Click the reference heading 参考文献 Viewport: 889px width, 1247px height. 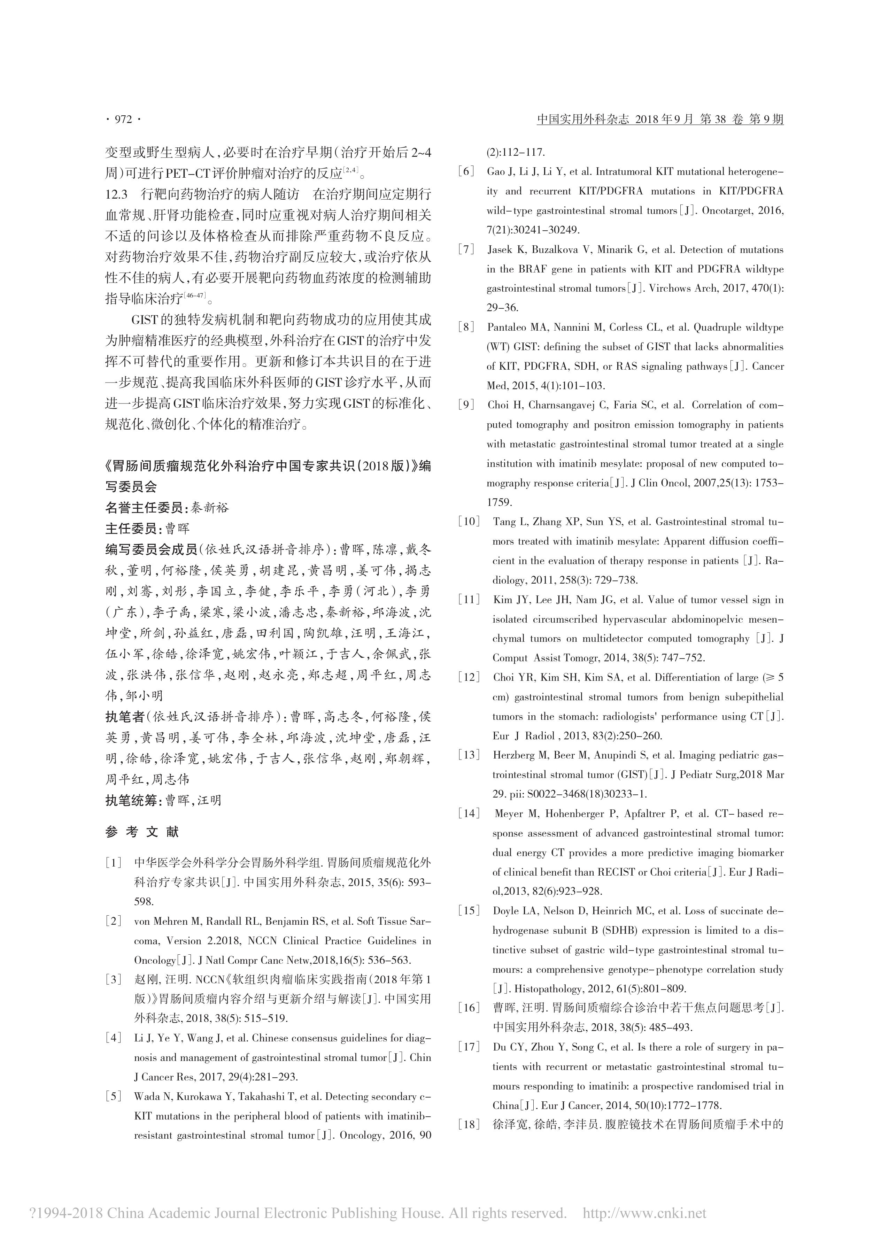[x=142, y=832]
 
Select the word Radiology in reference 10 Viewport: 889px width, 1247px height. [x=775, y=561]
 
